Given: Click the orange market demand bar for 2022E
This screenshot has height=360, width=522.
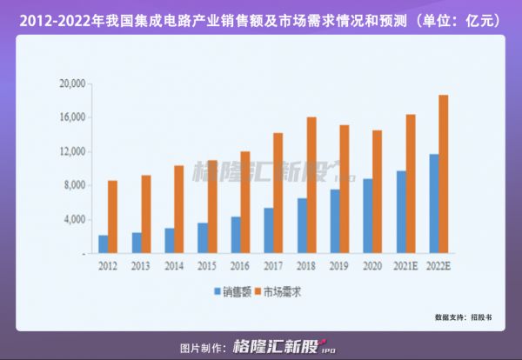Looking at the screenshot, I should (444, 174).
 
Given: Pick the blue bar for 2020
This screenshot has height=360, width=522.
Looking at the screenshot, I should (367, 216).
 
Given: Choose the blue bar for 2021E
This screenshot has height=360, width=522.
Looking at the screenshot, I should (401, 211).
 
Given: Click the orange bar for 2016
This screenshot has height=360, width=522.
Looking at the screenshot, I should (244, 203).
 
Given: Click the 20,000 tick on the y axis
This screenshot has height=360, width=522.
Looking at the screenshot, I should (70, 84).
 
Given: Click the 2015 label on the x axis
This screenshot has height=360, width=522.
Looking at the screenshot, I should (207, 264).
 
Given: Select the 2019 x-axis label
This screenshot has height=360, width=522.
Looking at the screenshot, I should (340, 264).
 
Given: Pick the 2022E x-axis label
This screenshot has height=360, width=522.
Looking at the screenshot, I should (438, 264).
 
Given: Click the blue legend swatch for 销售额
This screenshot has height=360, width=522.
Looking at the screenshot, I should (217, 293).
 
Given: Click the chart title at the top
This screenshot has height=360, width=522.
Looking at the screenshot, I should (261, 17).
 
